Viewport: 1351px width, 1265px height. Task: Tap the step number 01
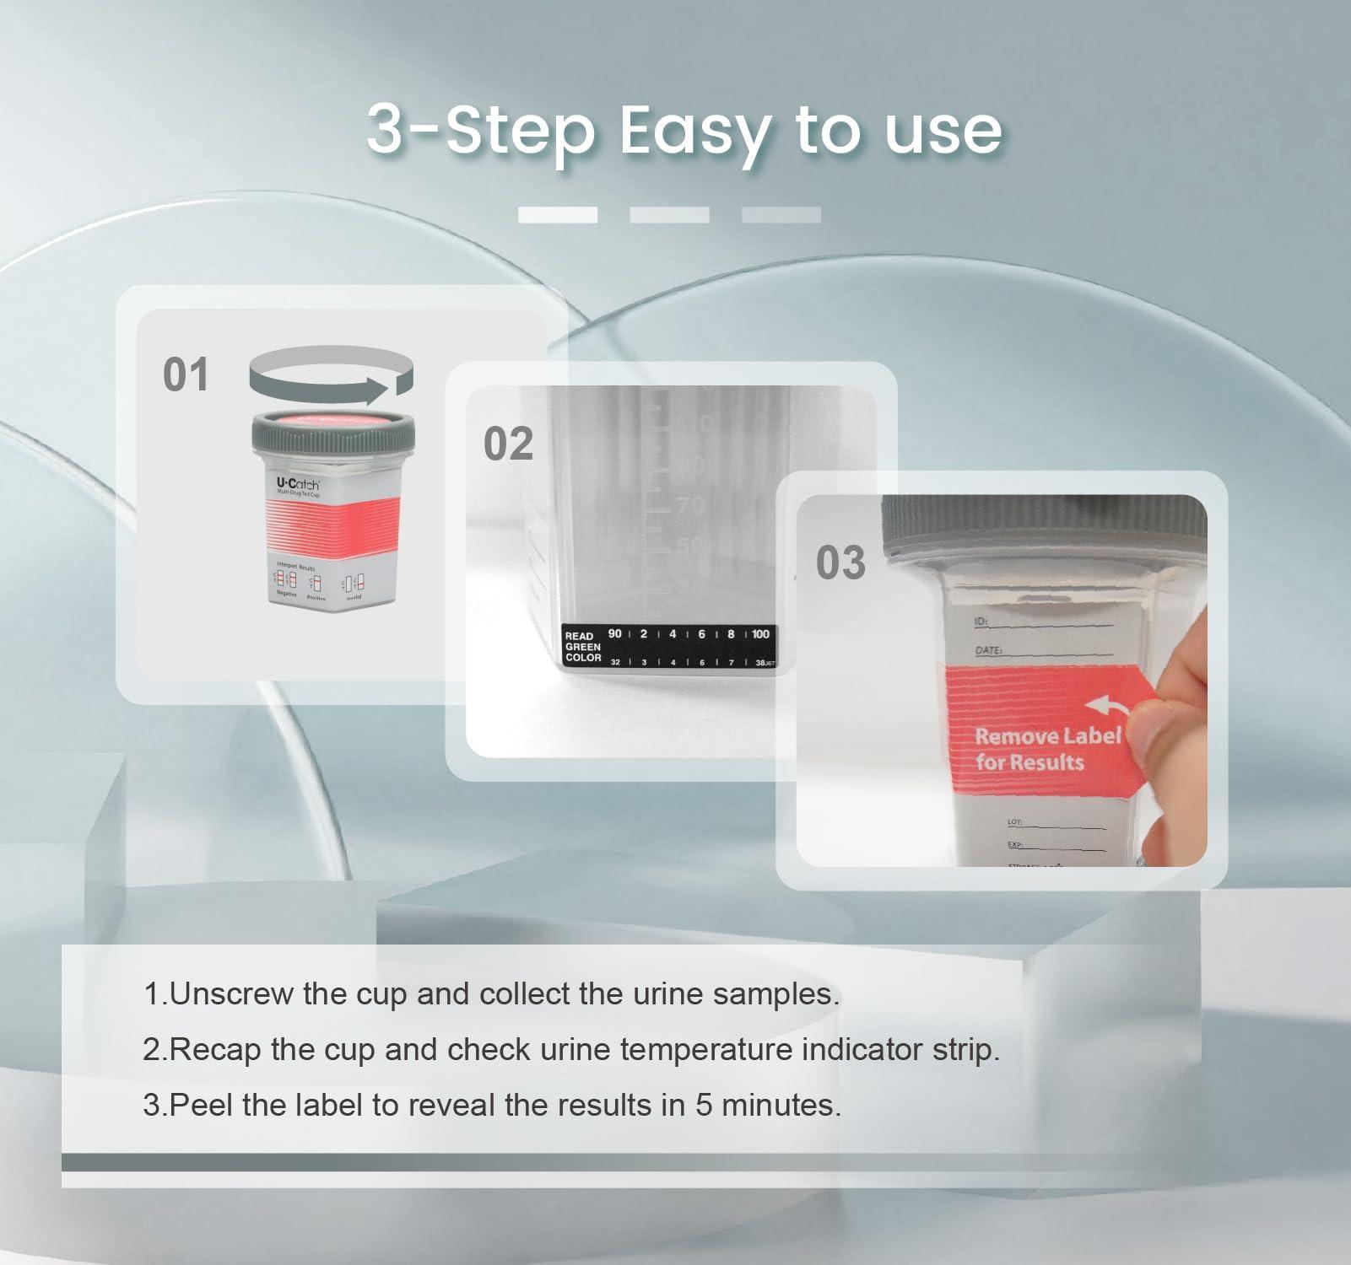point(186,375)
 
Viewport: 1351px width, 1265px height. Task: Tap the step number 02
point(508,444)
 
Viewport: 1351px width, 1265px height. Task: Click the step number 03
point(840,563)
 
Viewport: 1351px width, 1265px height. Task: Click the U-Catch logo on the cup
point(298,484)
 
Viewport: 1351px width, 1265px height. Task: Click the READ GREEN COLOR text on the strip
point(582,647)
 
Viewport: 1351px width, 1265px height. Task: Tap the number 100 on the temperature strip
point(759,634)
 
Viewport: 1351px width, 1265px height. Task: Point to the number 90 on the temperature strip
point(614,634)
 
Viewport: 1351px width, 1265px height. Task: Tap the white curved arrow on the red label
point(1105,706)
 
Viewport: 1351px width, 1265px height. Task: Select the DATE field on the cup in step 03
point(989,651)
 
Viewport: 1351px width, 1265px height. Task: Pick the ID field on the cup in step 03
point(981,622)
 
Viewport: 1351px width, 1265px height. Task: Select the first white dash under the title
point(557,215)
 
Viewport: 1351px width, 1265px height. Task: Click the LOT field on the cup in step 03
point(1015,821)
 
